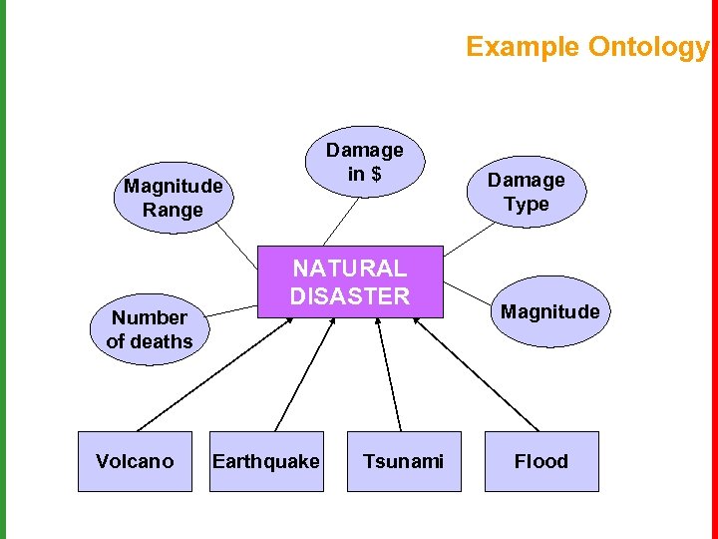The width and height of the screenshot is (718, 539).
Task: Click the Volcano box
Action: click(x=135, y=461)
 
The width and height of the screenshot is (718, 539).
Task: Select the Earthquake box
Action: click(x=266, y=461)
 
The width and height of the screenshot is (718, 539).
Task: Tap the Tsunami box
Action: click(x=404, y=461)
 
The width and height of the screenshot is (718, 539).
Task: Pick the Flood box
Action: click(x=541, y=461)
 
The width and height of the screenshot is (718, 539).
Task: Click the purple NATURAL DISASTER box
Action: click(x=350, y=281)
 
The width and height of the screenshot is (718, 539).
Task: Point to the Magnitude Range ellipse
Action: click(x=174, y=198)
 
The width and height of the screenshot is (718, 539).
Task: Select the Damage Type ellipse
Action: click(x=526, y=192)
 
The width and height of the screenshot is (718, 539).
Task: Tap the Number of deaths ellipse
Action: click(x=150, y=329)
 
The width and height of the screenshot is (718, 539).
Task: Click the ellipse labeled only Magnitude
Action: click(x=550, y=311)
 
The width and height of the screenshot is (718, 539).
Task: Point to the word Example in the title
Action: click(x=522, y=47)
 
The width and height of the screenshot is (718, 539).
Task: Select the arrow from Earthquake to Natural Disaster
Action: click(x=302, y=374)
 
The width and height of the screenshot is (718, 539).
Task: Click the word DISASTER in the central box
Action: click(x=350, y=296)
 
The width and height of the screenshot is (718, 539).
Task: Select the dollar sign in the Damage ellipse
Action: click(x=375, y=174)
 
